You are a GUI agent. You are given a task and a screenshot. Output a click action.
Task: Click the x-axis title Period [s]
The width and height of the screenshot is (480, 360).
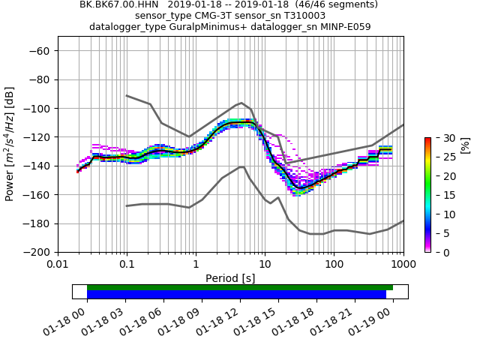tap(230, 278)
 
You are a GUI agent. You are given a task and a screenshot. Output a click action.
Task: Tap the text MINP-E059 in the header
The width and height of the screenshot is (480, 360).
tap(344, 27)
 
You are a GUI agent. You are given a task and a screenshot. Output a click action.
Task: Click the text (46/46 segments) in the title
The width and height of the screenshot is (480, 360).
tap(330, 4)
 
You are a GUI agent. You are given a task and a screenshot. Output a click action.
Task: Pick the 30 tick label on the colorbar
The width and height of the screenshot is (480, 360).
tap(440, 138)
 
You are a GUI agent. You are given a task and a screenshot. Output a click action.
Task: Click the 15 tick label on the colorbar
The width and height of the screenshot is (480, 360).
tap(440, 195)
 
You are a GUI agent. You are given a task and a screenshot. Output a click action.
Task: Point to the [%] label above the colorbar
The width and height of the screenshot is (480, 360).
tap(465, 145)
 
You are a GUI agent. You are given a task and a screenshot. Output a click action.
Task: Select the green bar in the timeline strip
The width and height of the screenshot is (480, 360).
tap(240, 287)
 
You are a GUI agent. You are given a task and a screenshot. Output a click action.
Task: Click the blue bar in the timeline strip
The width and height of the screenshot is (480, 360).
tap(236, 295)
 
